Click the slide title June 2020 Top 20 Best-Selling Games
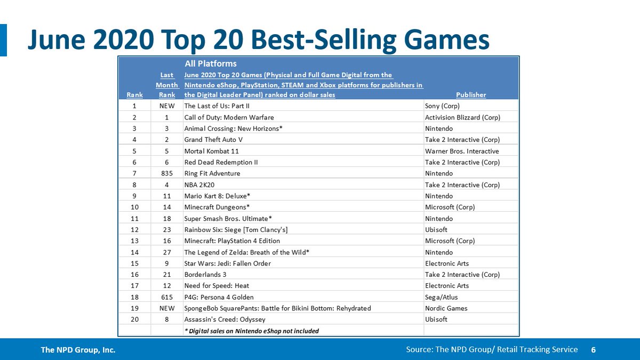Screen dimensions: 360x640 coord(258,40)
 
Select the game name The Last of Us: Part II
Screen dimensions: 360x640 coord(217,106)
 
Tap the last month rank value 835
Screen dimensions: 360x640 coord(167,173)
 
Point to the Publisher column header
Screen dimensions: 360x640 coord(471,94)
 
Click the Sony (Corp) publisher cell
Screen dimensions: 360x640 coord(443,106)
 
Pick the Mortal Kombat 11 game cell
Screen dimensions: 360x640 coord(211,151)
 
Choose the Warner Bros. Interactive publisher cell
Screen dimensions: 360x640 coord(462,151)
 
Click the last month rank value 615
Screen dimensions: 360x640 coord(167,297)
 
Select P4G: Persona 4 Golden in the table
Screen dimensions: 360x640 coord(219,297)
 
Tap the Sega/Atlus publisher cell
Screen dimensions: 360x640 coord(441,297)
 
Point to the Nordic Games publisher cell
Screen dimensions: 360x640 coord(446,308)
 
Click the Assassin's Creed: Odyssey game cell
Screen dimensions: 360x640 coord(222,319)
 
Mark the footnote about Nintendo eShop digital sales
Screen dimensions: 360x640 coord(251,331)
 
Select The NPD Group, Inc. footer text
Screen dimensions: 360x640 coord(78,350)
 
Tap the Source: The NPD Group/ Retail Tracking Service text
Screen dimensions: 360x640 coord(491,349)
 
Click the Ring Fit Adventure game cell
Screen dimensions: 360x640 coord(212,173)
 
